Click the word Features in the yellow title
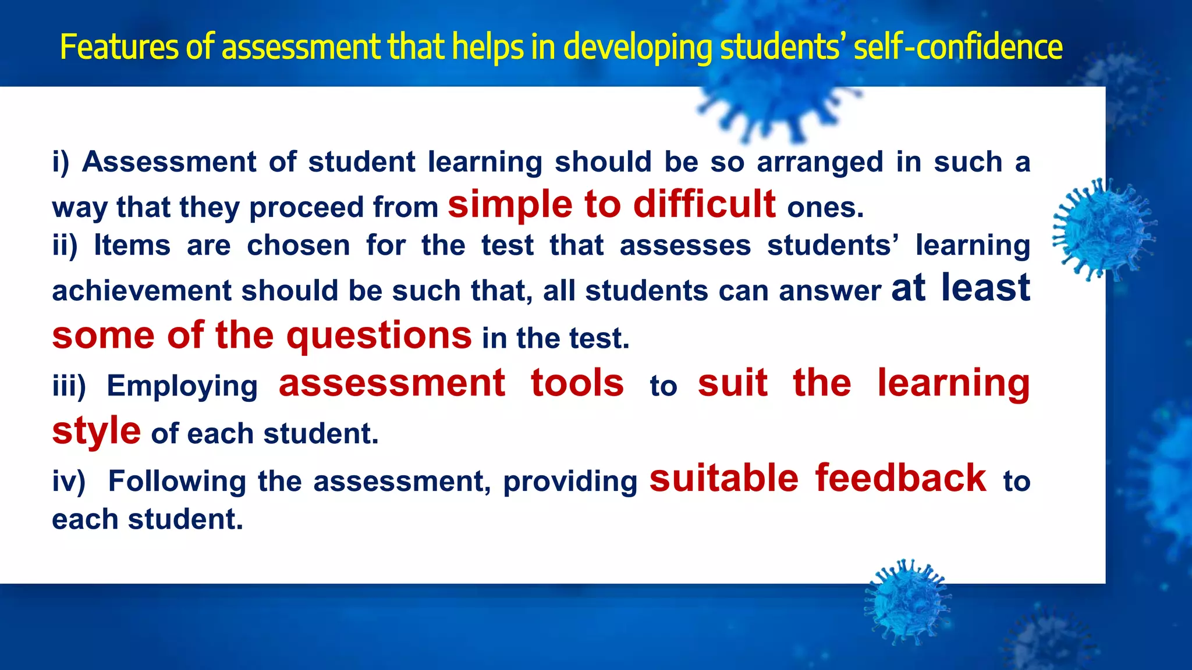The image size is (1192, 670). [119, 47]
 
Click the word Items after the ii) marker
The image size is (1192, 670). [132, 245]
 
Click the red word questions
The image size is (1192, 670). [379, 336]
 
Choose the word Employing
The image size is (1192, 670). [182, 386]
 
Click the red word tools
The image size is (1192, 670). [577, 383]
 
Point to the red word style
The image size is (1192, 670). [96, 432]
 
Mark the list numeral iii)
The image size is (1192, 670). [69, 386]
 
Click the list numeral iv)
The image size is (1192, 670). [69, 481]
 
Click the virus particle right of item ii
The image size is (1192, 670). [1103, 230]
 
